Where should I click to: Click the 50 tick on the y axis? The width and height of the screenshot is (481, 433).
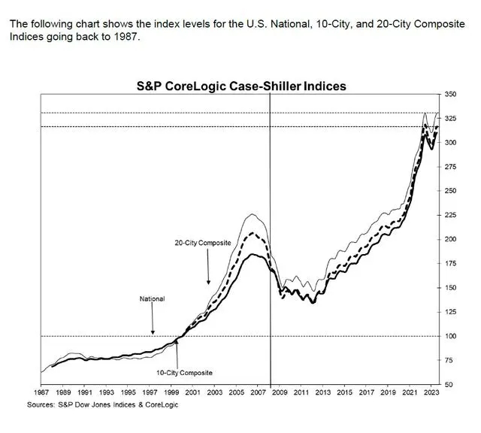coord(449,384)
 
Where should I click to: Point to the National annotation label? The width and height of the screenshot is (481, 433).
coord(152,298)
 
